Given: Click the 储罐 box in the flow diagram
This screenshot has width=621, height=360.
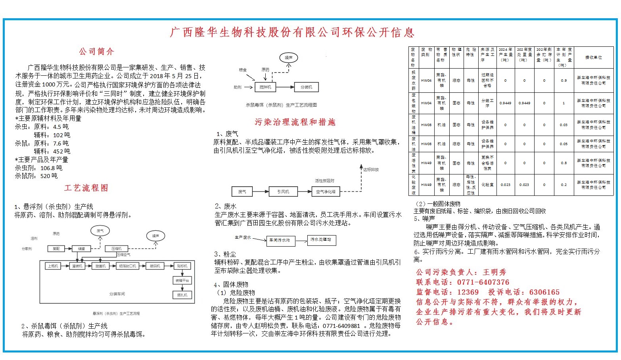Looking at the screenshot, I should [81, 249].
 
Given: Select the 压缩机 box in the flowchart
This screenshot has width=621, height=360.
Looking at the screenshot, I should [116, 249].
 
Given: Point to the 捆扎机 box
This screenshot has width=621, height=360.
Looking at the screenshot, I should [182, 295].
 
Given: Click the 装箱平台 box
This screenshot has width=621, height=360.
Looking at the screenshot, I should [182, 280].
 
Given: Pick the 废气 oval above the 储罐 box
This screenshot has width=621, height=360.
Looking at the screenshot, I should [100, 230].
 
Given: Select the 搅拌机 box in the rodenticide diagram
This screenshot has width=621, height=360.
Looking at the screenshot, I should [265, 87].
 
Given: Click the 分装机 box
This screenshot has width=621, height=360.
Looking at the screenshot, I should [306, 87].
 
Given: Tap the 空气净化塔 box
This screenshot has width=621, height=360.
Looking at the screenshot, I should [326, 191].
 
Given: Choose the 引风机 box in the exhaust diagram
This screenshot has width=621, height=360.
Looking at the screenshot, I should [283, 191].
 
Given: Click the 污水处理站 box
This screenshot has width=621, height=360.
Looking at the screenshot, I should [321, 240].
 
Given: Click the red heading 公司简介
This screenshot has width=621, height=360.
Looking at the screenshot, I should [96, 52].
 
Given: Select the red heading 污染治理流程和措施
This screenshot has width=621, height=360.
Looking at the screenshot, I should [295, 122].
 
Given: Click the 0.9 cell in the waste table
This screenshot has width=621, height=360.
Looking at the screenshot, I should [563, 80].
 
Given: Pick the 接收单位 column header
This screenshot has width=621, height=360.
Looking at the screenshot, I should [593, 57].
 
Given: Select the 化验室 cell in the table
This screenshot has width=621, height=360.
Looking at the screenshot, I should [487, 185].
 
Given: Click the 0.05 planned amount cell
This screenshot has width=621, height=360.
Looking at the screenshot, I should [563, 144].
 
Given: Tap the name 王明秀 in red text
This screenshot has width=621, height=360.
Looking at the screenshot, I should [494, 272].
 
